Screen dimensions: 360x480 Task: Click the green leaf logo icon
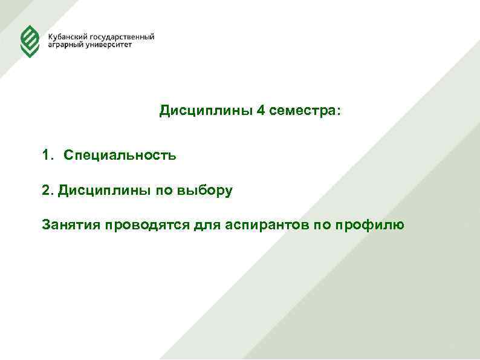coord(30,41)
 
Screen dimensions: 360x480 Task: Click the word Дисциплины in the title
coord(206,111)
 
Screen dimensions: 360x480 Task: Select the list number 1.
coord(47,155)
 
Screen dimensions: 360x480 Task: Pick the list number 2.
coord(47,191)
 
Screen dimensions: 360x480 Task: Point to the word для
coord(207,226)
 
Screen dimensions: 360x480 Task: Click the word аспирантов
coord(267,226)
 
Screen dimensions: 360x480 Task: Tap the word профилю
coord(369,226)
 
